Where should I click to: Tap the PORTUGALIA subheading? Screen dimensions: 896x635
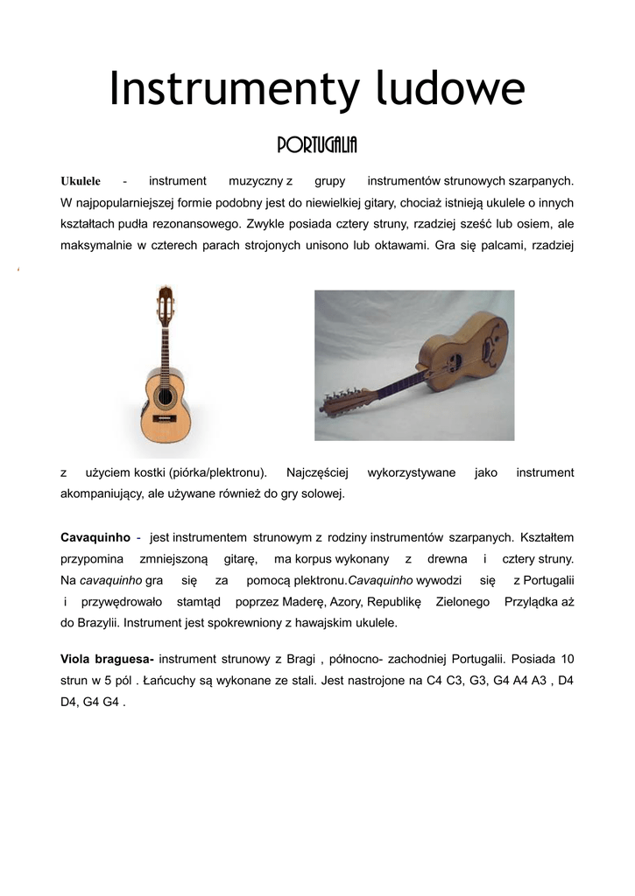317,145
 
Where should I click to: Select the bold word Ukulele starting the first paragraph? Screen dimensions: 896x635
81,181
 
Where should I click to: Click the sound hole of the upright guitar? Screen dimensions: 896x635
165,397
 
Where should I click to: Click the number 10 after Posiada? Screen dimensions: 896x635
567,657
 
